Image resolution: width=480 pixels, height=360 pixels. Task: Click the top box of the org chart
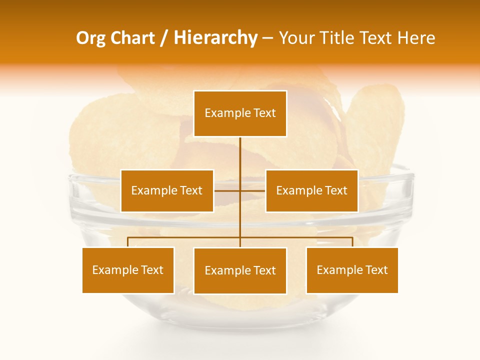[x=240, y=113]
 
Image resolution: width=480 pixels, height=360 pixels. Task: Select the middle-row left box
[x=167, y=190]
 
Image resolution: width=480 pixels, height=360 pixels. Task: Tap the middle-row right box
[x=311, y=190]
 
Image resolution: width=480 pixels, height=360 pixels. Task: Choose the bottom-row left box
[x=128, y=270]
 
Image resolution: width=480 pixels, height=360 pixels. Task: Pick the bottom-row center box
[x=240, y=270]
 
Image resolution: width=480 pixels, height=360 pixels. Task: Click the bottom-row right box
[x=352, y=270]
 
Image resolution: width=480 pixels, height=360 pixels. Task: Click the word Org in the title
[x=89, y=38]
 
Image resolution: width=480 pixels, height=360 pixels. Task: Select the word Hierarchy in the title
[x=215, y=38]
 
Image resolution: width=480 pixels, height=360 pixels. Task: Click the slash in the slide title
[x=164, y=38]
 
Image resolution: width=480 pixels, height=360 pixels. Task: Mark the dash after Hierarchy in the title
[x=267, y=38]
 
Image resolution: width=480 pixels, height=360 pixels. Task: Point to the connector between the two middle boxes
[x=240, y=190]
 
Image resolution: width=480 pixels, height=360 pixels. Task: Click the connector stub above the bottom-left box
[x=128, y=242]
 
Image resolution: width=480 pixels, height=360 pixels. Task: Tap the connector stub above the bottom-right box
[x=352, y=242]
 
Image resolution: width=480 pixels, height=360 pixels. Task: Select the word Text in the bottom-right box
[x=376, y=270]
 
